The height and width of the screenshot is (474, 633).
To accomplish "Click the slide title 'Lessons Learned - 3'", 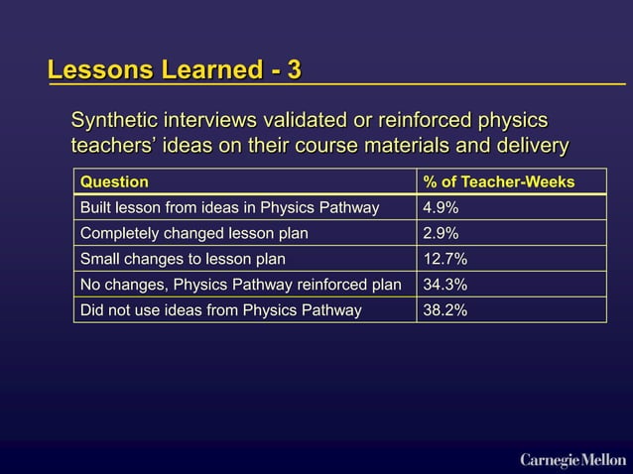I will coord(175,70).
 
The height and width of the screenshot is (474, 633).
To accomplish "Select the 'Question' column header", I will coord(114,181).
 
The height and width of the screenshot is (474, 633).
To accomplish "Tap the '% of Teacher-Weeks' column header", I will coord(499,181).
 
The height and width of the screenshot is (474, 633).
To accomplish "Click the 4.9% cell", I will coord(441,207).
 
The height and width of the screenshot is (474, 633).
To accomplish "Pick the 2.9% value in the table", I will coord(441,233).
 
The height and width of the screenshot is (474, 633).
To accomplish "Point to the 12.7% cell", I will coord(444,259).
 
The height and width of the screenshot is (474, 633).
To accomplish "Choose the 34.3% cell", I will coord(444,285).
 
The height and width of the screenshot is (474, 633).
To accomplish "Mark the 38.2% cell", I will coord(444,310).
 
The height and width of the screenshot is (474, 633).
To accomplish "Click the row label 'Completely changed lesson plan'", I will coord(193,233).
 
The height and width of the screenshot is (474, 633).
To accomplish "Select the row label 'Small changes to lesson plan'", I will coord(183,259).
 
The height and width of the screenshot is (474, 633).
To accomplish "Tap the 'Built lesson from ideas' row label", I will coord(229,207).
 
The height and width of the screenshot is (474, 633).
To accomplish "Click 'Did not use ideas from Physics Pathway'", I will coord(220,310).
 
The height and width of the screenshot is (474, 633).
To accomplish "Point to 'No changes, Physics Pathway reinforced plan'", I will coord(240,285).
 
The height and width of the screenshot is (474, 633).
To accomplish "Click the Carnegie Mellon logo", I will coord(572,458).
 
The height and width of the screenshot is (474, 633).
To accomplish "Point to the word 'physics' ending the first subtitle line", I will coord(513,121).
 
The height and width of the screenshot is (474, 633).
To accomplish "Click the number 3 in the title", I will coord(294,70).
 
